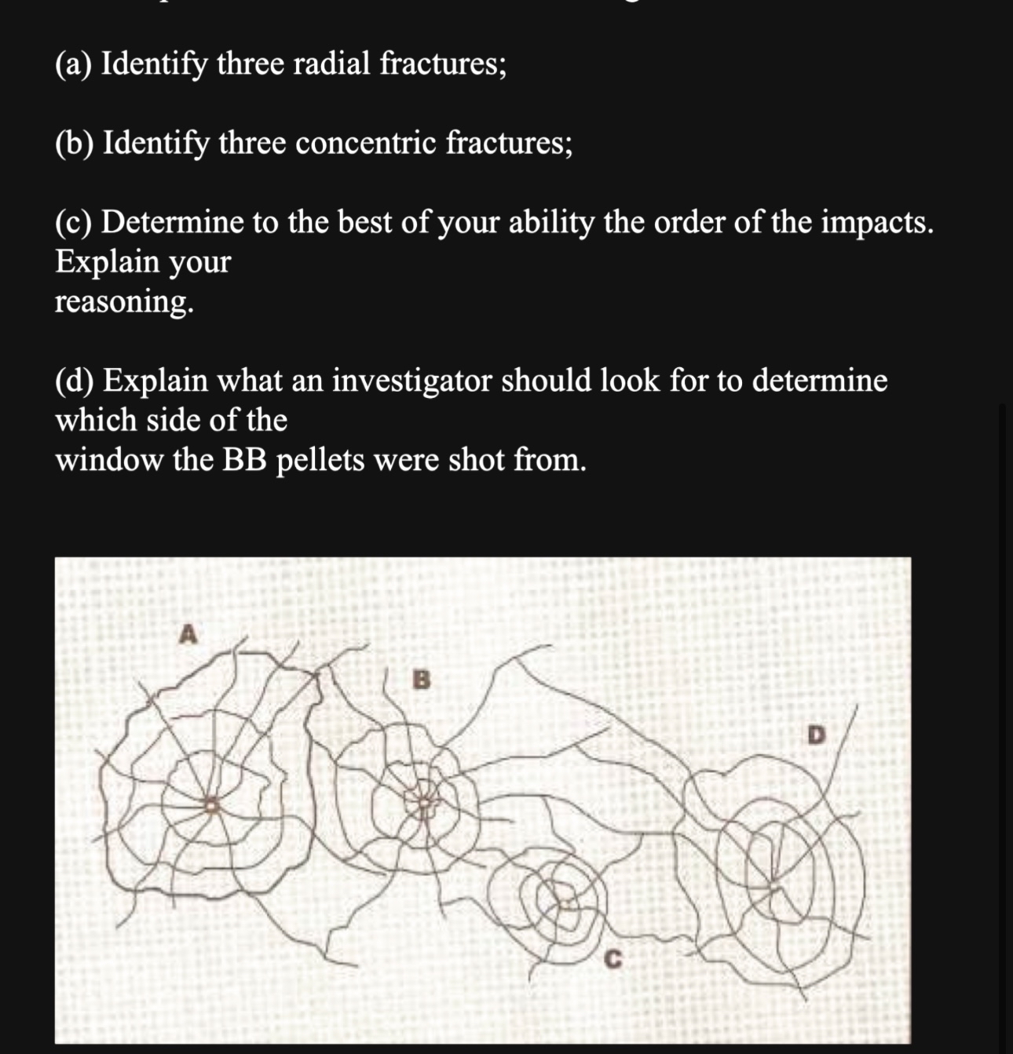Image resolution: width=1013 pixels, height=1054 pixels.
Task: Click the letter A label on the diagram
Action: [187, 633]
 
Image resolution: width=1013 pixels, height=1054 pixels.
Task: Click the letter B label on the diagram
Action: [422, 680]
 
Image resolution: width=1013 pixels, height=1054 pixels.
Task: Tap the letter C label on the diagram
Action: [614, 958]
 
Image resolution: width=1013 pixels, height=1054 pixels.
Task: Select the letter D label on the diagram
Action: [817, 735]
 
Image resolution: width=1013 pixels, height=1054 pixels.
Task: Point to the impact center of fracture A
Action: [210, 804]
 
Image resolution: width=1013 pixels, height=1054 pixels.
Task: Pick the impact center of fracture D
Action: [773, 883]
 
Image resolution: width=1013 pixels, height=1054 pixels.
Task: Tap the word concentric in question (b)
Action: [365, 143]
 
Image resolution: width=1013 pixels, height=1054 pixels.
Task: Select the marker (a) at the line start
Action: [75, 64]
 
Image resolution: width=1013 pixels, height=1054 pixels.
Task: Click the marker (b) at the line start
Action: [75, 143]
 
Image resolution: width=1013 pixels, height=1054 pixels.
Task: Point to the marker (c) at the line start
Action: [75, 223]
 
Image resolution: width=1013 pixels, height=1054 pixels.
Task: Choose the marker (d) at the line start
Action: [75, 381]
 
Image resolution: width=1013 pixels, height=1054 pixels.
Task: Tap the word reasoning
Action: [123, 301]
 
